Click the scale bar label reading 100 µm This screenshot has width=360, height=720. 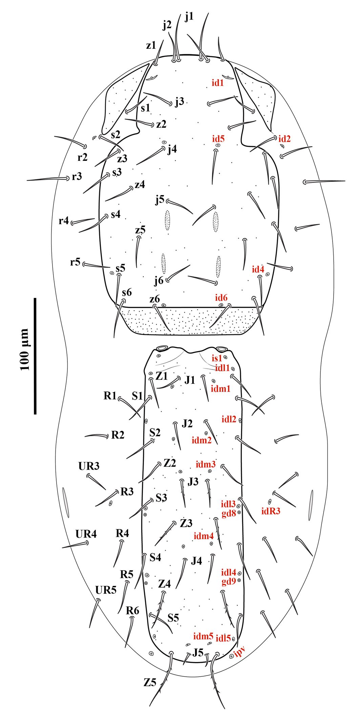point(25,349)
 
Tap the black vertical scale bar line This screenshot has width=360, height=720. point(35,356)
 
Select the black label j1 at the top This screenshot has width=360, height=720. point(189,16)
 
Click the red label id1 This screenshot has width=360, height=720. point(217,83)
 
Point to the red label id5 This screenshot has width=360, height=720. point(218,139)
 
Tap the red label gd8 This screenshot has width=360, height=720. point(229,513)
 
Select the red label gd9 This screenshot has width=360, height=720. point(229,581)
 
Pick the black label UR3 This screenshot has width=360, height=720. point(89,466)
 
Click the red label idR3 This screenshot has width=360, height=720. point(271,511)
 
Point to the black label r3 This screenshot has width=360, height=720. point(77,176)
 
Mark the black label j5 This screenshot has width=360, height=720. point(160,200)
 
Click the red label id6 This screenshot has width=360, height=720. point(221,298)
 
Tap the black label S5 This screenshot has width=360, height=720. point(173,618)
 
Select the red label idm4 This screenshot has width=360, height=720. point(204,536)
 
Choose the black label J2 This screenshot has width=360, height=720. point(187,423)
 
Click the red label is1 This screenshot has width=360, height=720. point(217,358)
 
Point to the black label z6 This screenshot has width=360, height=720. point(154,299)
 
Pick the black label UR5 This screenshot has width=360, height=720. point(106,590)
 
